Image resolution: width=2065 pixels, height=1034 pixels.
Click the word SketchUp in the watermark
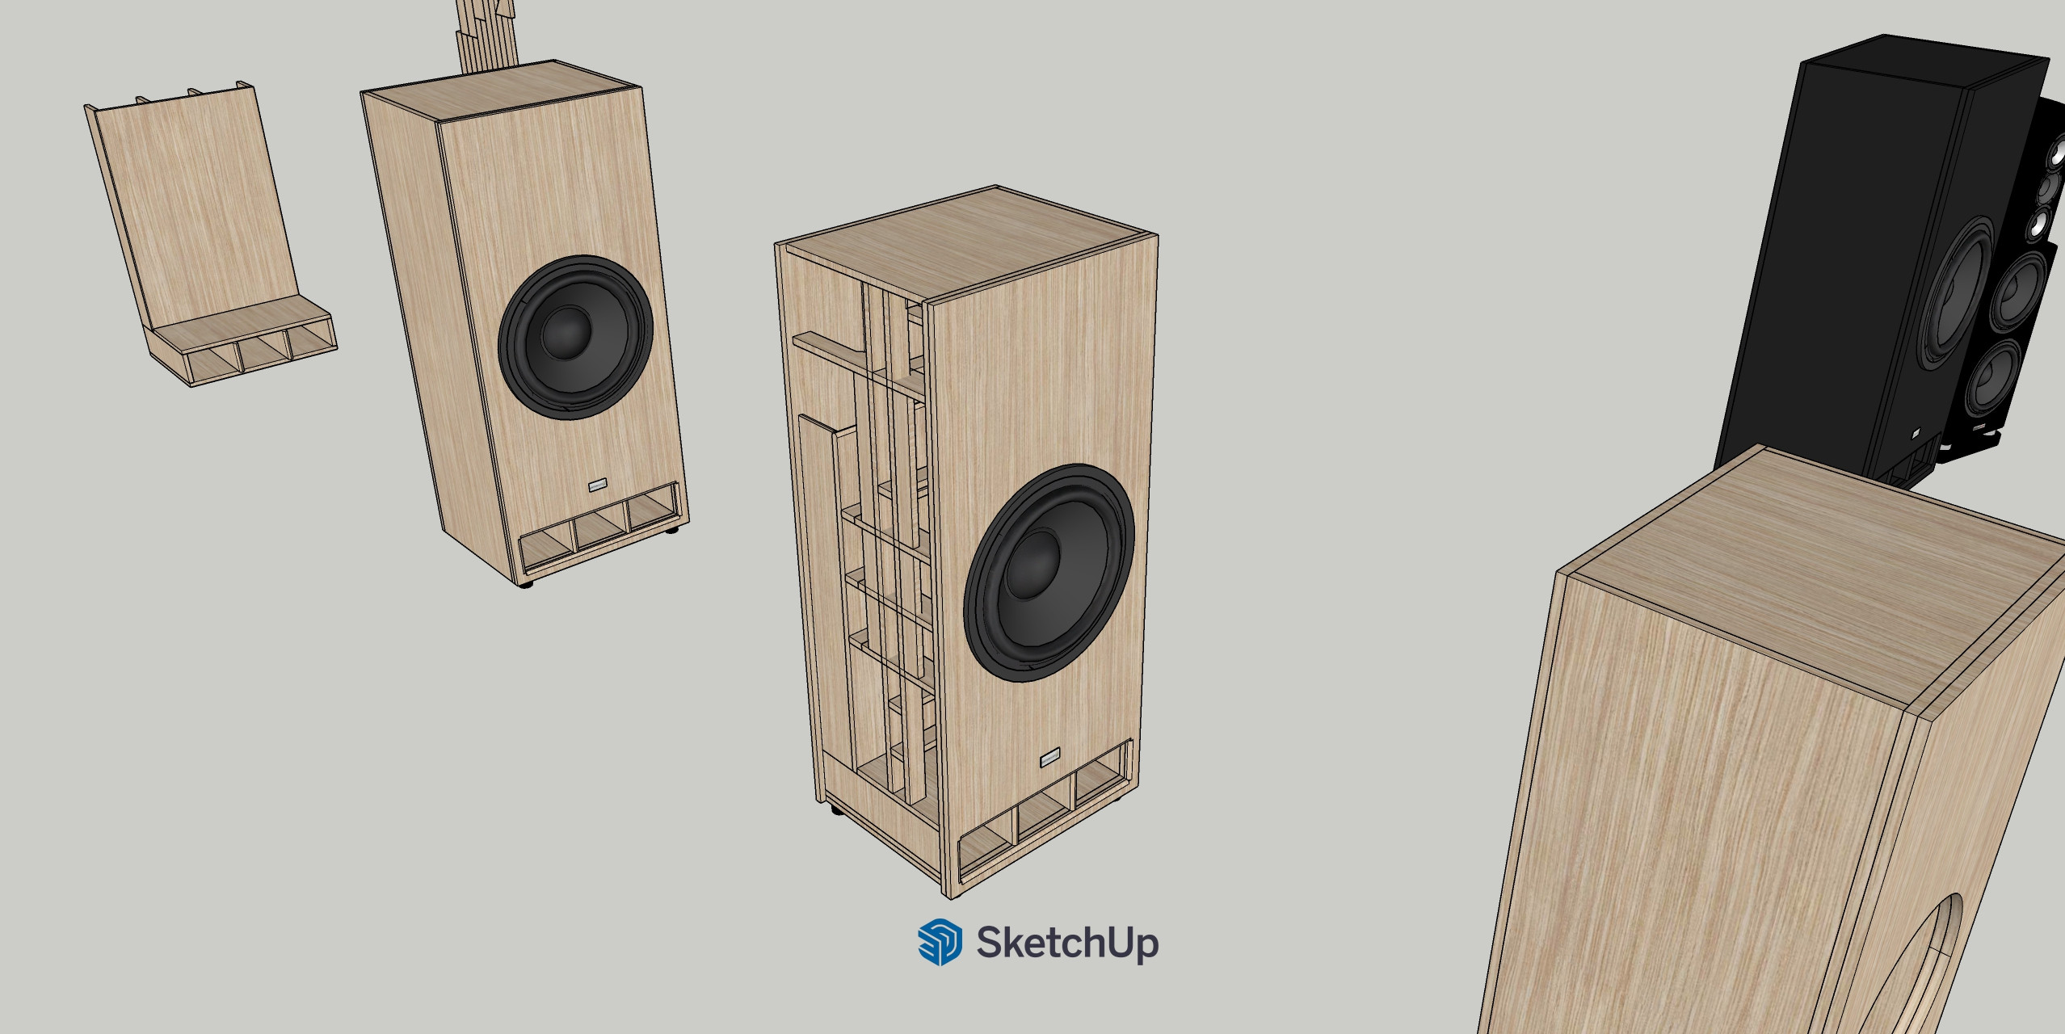click(x=1067, y=943)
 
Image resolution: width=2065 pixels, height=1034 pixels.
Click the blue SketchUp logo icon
click(x=940, y=942)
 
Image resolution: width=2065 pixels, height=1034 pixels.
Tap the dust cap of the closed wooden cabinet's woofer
click(x=566, y=332)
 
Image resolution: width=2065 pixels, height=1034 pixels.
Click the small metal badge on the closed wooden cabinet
click(x=598, y=485)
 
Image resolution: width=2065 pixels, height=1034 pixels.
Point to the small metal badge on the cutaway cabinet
click(x=1050, y=758)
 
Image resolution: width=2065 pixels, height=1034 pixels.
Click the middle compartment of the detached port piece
click(x=263, y=355)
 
